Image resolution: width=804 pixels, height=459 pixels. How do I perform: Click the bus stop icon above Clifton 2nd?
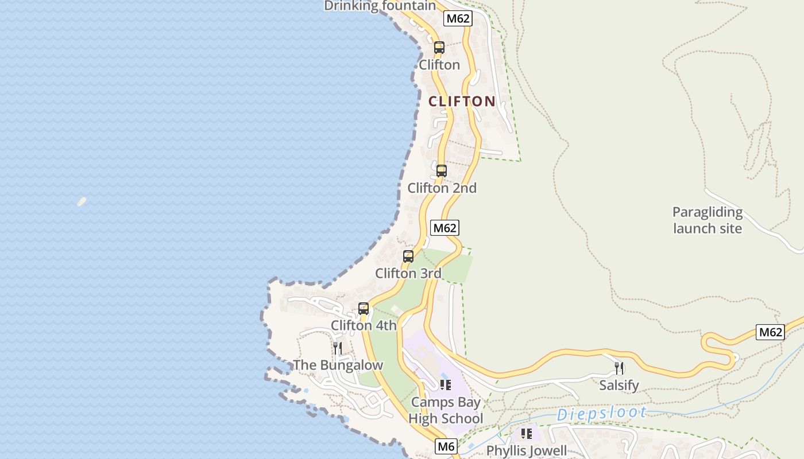coord(441,171)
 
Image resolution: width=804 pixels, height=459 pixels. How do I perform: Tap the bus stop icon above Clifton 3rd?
coord(408,256)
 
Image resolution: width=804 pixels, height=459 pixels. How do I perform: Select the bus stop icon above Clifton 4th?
coord(364,309)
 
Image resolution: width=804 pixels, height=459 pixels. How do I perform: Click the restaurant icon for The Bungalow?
coord(338,348)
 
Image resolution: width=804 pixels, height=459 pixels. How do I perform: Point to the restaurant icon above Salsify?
coord(619,368)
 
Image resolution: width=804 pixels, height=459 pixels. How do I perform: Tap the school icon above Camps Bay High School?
coord(446,385)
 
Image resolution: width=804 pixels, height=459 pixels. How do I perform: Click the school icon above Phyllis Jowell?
coord(526,434)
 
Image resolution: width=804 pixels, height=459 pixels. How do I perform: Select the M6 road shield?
coord(446,446)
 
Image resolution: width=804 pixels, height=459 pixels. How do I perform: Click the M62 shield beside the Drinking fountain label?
coord(458,18)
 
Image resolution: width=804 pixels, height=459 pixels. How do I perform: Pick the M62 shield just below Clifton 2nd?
coord(444,228)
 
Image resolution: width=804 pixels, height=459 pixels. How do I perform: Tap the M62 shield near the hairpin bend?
coord(770,332)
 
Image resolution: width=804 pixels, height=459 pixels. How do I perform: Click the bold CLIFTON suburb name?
coord(462,102)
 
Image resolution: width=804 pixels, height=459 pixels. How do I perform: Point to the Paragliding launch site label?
coord(708,220)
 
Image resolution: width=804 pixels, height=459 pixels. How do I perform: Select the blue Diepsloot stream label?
coord(601,413)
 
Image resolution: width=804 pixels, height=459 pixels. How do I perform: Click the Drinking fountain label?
coord(380,6)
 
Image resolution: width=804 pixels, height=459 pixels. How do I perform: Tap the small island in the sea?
coord(82,201)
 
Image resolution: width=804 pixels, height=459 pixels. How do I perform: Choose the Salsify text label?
coord(619,385)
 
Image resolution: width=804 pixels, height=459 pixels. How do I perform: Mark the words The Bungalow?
coord(338,365)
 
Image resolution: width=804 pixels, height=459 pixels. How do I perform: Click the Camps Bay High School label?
coord(446,410)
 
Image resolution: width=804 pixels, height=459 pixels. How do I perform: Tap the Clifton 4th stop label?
coord(364,325)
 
